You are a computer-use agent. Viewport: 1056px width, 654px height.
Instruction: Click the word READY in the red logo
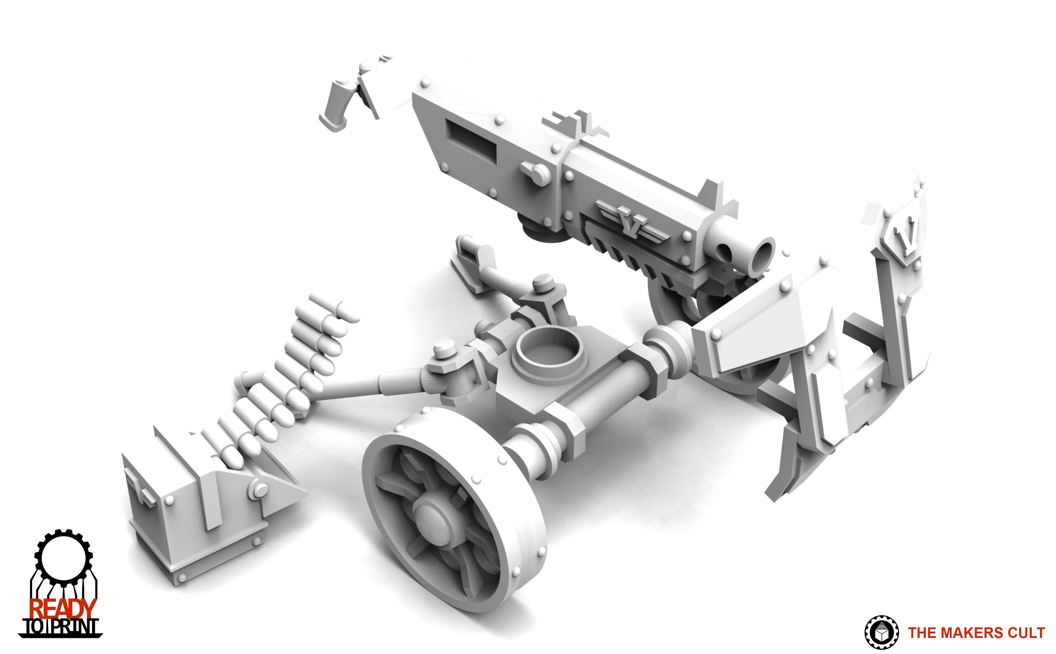(63, 609)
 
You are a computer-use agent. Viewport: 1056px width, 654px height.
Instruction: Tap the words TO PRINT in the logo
(61, 627)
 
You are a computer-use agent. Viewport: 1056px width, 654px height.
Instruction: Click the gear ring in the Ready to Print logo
(63, 535)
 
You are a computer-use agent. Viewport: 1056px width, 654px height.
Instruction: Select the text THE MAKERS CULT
(976, 633)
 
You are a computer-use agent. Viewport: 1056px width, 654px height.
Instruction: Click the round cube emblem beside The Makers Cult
(881, 633)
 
